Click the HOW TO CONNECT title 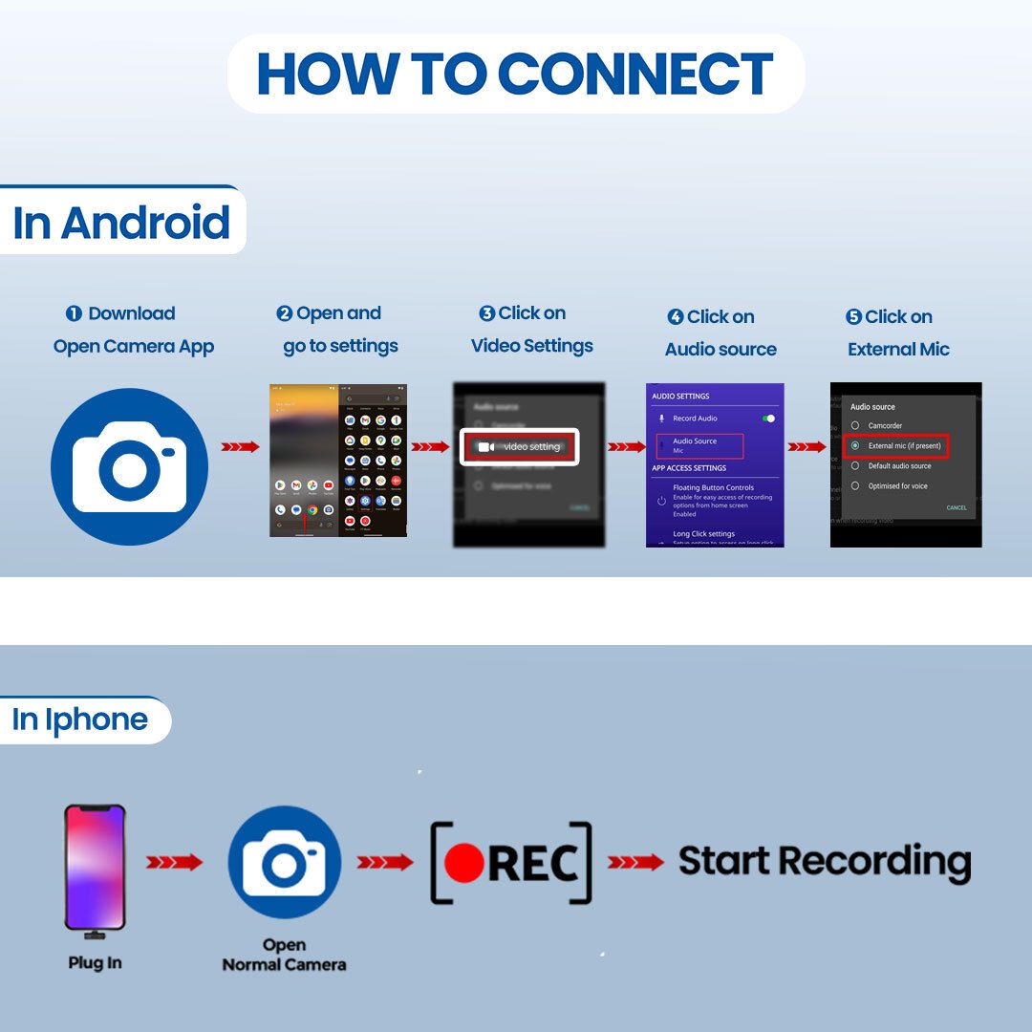point(515,75)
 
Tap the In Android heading point(121,222)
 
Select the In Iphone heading point(80,720)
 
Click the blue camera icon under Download point(129,466)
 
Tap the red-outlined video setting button point(520,446)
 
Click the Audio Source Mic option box point(699,445)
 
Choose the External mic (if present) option point(895,445)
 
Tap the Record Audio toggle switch point(768,419)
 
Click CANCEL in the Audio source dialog point(956,507)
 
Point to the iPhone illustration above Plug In point(95,868)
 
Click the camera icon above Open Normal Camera point(284,863)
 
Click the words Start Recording point(824,861)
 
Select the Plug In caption point(95,962)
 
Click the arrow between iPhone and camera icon point(174,863)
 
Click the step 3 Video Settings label point(532,330)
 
